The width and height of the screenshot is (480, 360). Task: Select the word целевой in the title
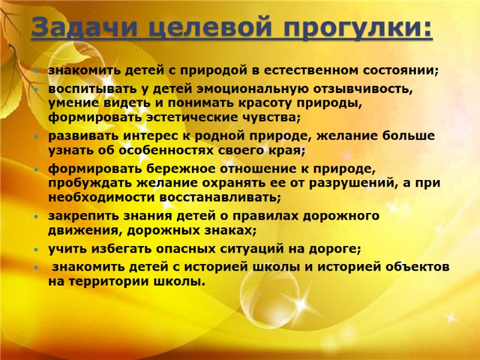pos(202,28)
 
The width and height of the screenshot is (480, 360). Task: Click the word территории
pos(112,280)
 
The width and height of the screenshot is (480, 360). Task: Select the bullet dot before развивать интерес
pos(37,137)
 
